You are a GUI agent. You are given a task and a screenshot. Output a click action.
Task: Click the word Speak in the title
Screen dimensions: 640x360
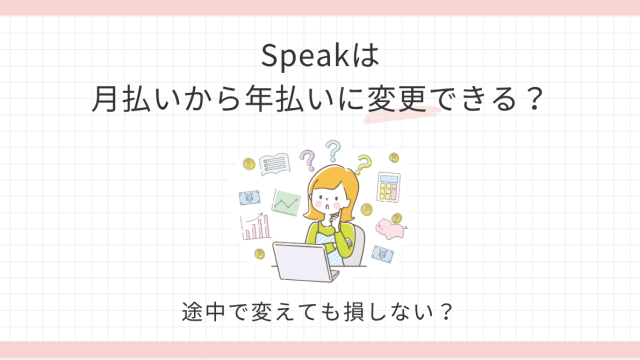click(x=304, y=56)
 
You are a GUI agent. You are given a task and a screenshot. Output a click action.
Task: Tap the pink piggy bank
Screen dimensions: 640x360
click(x=391, y=229)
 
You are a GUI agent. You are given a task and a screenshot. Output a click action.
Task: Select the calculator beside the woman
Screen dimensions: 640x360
click(x=389, y=187)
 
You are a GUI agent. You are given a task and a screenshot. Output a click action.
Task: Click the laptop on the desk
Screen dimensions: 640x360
click(x=305, y=262)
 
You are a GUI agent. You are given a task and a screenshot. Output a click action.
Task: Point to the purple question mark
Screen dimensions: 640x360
click(x=308, y=160)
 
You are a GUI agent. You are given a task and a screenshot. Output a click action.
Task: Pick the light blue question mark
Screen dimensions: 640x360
click(x=333, y=151)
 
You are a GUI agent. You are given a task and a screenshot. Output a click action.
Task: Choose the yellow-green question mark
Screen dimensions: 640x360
click(x=363, y=164)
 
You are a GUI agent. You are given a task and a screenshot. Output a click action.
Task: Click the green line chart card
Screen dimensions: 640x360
click(x=287, y=202)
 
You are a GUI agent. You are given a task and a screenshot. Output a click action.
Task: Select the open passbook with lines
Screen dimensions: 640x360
click(x=275, y=164)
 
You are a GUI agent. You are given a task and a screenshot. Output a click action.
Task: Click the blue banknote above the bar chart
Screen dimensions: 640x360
click(x=249, y=198)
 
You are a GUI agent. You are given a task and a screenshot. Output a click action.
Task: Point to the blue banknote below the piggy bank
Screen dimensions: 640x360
click(x=382, y=254)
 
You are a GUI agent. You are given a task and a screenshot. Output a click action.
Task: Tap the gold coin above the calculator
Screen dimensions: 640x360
click(x=393, y=158)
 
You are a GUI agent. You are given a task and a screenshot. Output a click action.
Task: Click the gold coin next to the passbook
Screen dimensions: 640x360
click(x=249, y=164)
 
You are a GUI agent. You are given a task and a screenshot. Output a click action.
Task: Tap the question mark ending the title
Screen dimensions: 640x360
click(x=534, y=99)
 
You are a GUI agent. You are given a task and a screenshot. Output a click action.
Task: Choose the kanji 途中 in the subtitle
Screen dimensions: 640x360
click(x=203, y=312)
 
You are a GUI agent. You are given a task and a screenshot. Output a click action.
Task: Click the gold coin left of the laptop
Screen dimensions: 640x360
click(x=260, y=254)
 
